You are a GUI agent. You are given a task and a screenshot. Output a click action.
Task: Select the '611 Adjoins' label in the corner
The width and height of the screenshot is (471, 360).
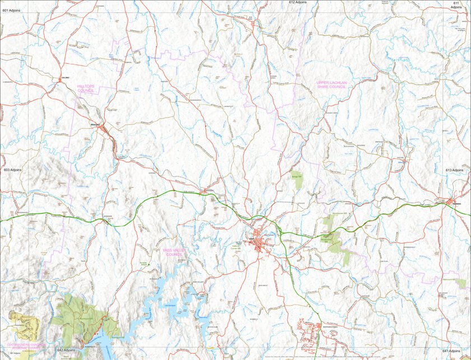[456, 5]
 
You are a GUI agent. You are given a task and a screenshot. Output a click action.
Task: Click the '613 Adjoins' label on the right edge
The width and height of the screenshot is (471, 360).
[455, 170]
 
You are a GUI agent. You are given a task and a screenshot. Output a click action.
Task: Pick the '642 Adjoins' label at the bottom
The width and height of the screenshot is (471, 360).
[66, 350]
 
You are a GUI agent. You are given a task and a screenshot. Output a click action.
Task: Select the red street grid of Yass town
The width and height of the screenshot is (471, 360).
[259, 244]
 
